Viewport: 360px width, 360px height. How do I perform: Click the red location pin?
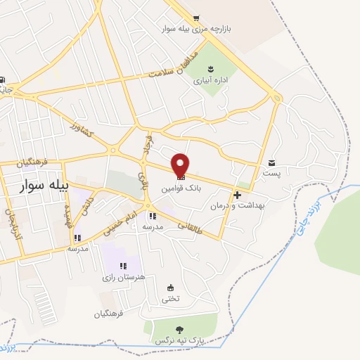(x=181, y=165)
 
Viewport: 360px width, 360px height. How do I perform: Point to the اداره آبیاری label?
(x=209, y=81)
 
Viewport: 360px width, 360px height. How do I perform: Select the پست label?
(x=271, y=172)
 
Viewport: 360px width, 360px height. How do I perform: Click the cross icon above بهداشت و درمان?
(x=238, y=195)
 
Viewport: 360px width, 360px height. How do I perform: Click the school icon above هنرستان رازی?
(x=123, y=266)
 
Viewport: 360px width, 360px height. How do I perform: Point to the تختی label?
(x=171, y=298)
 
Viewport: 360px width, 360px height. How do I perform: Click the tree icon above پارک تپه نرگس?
(x=180, y=329)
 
